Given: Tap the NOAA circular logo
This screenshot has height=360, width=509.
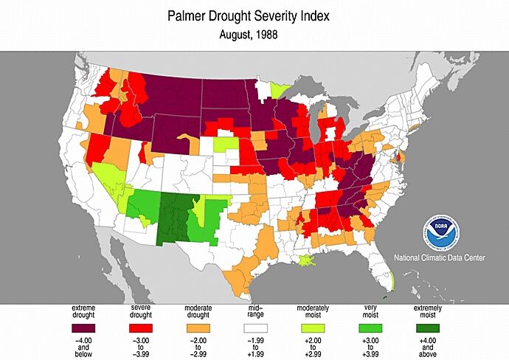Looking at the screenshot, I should pyautogui.click(x=440, y=233).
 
